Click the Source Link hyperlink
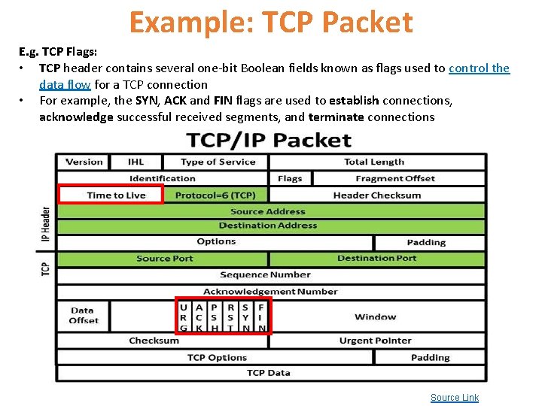454,398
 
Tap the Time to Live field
116,195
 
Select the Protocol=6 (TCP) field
215,195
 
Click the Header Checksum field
377,195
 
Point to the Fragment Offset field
395,179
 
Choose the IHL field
136,162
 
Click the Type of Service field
218,162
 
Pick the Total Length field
374,162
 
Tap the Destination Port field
377,259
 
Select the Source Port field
164,259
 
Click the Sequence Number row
265,275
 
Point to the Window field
375,317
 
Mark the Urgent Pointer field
375,341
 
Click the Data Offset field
83,316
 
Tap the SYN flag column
245,317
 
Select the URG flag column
184,317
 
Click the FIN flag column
261,317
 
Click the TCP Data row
268,373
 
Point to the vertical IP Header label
45,229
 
